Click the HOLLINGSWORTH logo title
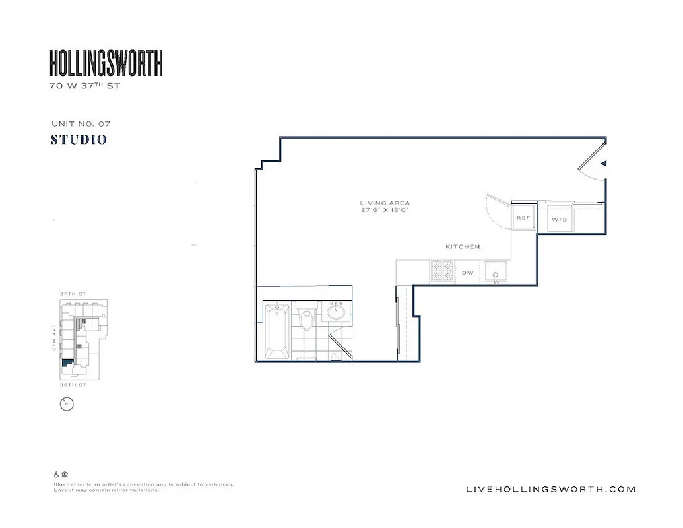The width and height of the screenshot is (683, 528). (106, 63)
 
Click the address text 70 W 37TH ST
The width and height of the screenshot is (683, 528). (85, 86)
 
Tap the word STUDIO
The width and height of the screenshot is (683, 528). (79, 140)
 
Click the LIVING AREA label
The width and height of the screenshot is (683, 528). (385, 203)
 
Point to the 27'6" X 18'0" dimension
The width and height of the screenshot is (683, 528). (385, 211)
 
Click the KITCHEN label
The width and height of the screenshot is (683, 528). (463, 246)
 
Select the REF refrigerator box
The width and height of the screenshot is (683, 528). (523, 218)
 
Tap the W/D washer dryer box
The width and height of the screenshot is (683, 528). (560, 219)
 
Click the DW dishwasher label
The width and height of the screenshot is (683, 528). (467, 272)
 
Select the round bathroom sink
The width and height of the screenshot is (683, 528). (337, 310)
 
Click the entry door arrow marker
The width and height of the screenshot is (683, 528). (603, 163)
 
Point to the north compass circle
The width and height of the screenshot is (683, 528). (66, 404)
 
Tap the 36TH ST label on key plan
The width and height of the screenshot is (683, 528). (73, 384)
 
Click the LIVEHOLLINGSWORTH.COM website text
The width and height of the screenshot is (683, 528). (550, 489)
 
